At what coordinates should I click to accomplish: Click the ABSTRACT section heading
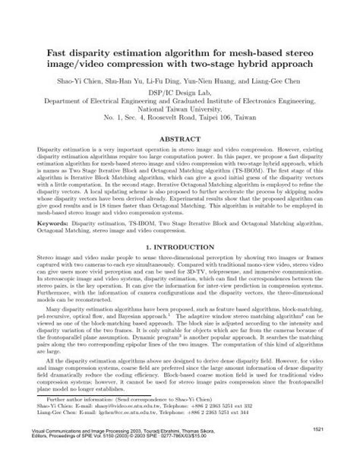[x=179, y=142]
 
